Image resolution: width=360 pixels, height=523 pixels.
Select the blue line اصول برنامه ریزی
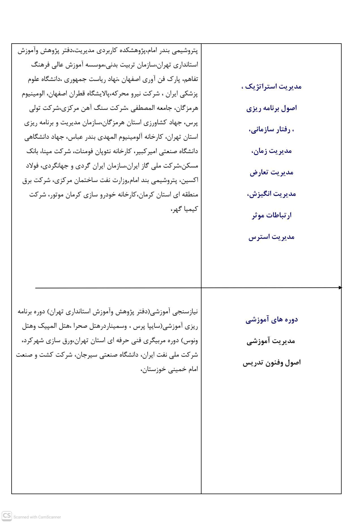pos(271,108)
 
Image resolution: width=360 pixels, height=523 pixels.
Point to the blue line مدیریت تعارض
pos(271,172)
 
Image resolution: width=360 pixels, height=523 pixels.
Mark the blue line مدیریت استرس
pos(271,237)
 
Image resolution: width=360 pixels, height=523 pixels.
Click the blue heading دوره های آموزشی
pos(271,320)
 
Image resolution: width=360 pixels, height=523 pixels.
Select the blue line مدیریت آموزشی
pos(271,341)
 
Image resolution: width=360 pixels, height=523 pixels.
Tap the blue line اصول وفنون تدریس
pos(271,363)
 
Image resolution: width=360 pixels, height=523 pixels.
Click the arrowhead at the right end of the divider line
pos(340,288)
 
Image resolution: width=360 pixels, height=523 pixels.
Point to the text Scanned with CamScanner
pos(37,517)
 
